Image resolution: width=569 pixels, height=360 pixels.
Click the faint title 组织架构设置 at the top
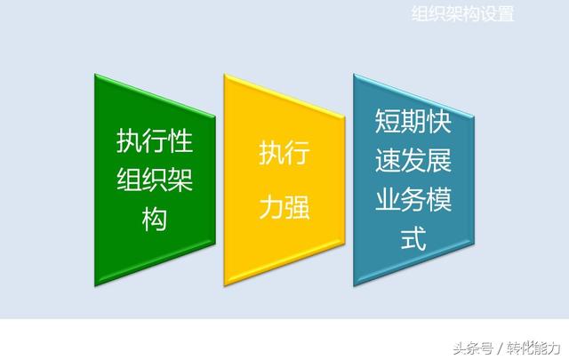[462, 14]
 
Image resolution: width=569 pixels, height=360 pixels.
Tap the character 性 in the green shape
[180, 140]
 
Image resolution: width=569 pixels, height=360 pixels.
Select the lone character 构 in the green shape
[155, 219]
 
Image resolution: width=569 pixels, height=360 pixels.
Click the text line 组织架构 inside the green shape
[155, 180]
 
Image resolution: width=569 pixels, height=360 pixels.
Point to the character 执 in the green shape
[129, 140]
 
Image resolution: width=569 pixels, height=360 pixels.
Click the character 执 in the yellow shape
[271, 153]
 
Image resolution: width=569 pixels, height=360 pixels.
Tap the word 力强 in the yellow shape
[284, 207]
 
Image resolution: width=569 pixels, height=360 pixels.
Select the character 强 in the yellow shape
[297, 207]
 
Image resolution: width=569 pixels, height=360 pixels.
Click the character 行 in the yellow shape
[297, 153]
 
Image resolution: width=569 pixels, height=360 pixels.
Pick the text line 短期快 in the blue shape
[413, 121]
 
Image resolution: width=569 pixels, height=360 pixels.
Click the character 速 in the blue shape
[388, 160]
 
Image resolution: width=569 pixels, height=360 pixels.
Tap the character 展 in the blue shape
[439, 160]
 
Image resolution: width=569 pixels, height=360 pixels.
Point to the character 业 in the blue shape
[388, 199]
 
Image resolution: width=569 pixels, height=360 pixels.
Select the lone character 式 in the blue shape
[413, 238]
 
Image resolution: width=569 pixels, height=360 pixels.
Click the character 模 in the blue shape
[439, 199]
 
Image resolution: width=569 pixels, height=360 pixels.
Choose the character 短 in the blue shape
[388, 121]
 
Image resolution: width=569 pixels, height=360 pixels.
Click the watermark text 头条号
[473, 348]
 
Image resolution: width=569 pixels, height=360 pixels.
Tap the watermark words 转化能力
[534, 348]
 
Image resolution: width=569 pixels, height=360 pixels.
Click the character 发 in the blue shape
[413, 160]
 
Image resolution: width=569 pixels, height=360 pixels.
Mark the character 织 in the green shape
[155, 180]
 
